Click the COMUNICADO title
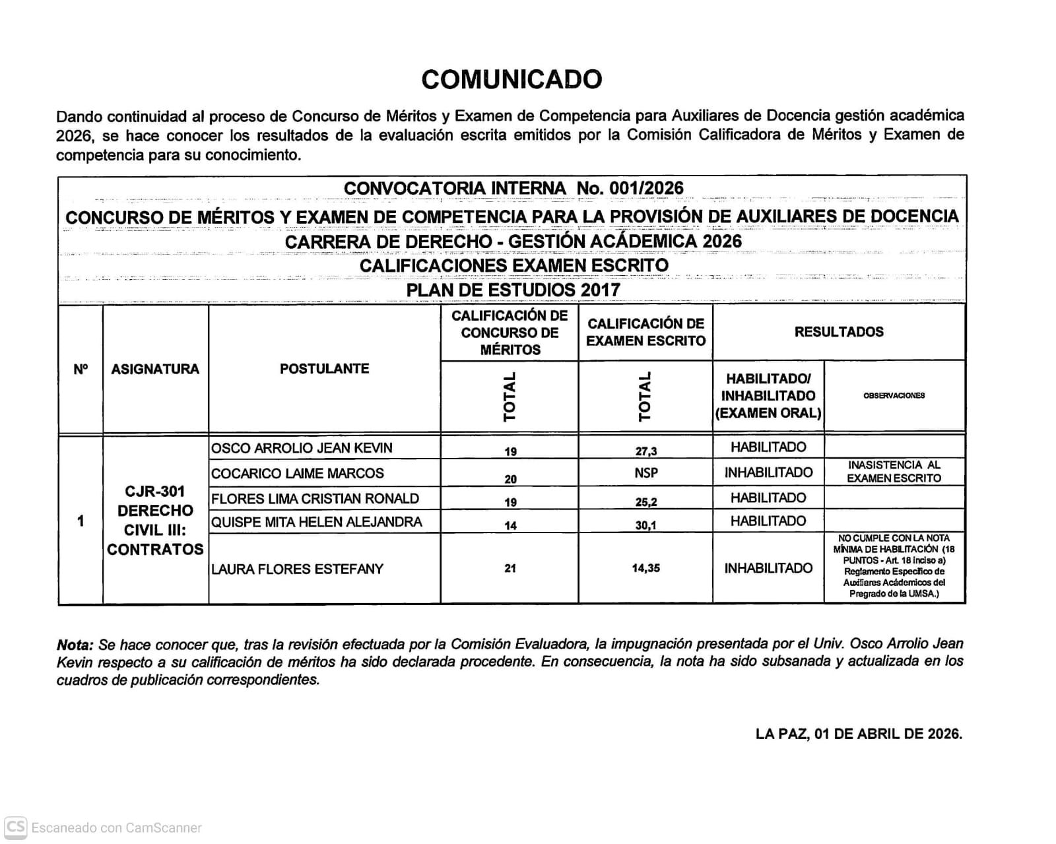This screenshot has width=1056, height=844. point(511,79)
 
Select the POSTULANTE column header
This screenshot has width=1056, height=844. point(324,368)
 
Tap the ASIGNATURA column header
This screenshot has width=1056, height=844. point(155,369)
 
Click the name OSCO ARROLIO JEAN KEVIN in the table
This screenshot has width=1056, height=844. point(302,448)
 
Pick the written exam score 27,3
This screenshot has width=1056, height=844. point(645,451)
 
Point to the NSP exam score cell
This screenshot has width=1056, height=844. point(645,473)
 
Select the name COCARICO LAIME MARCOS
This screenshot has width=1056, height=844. point(297,473)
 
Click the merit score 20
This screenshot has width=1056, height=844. point(510,479)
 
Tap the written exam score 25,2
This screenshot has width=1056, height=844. point(645,502)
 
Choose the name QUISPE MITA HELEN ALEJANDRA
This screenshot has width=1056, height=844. point(316,522)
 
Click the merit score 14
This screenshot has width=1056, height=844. point(510,526)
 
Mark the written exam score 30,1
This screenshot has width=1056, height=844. point(645,526)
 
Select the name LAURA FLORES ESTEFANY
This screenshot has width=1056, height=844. point(297,569)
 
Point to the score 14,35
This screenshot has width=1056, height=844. point(645,568)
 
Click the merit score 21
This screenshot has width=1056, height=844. point(510,568)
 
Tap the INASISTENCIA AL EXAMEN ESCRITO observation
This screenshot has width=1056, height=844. point(894,472)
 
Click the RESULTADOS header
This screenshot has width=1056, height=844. point(839,332)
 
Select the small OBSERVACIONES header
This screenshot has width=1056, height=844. point(894,395)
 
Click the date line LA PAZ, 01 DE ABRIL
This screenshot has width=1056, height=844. point(859,734)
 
